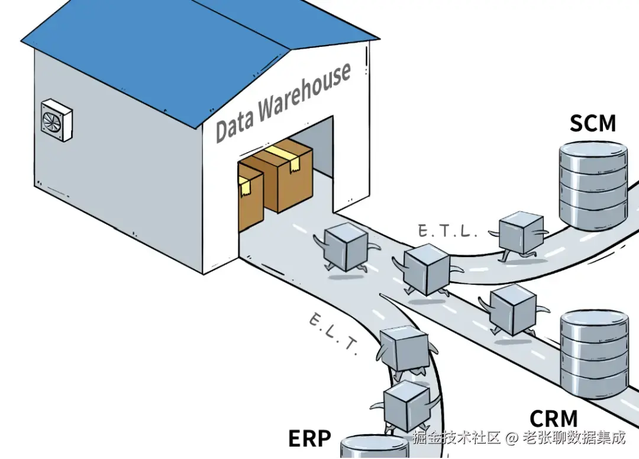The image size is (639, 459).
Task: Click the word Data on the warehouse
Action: coord(234,126)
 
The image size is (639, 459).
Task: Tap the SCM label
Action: coord(592,124)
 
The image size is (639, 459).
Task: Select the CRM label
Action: coord(553,419)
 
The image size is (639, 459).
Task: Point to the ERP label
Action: coord(309,438)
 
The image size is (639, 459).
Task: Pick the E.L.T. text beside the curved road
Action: coord(333,335)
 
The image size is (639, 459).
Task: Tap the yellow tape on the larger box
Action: coord(282,155)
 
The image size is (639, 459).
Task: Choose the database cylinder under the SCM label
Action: coord(593,185)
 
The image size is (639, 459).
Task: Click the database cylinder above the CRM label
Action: coord(593,354)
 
